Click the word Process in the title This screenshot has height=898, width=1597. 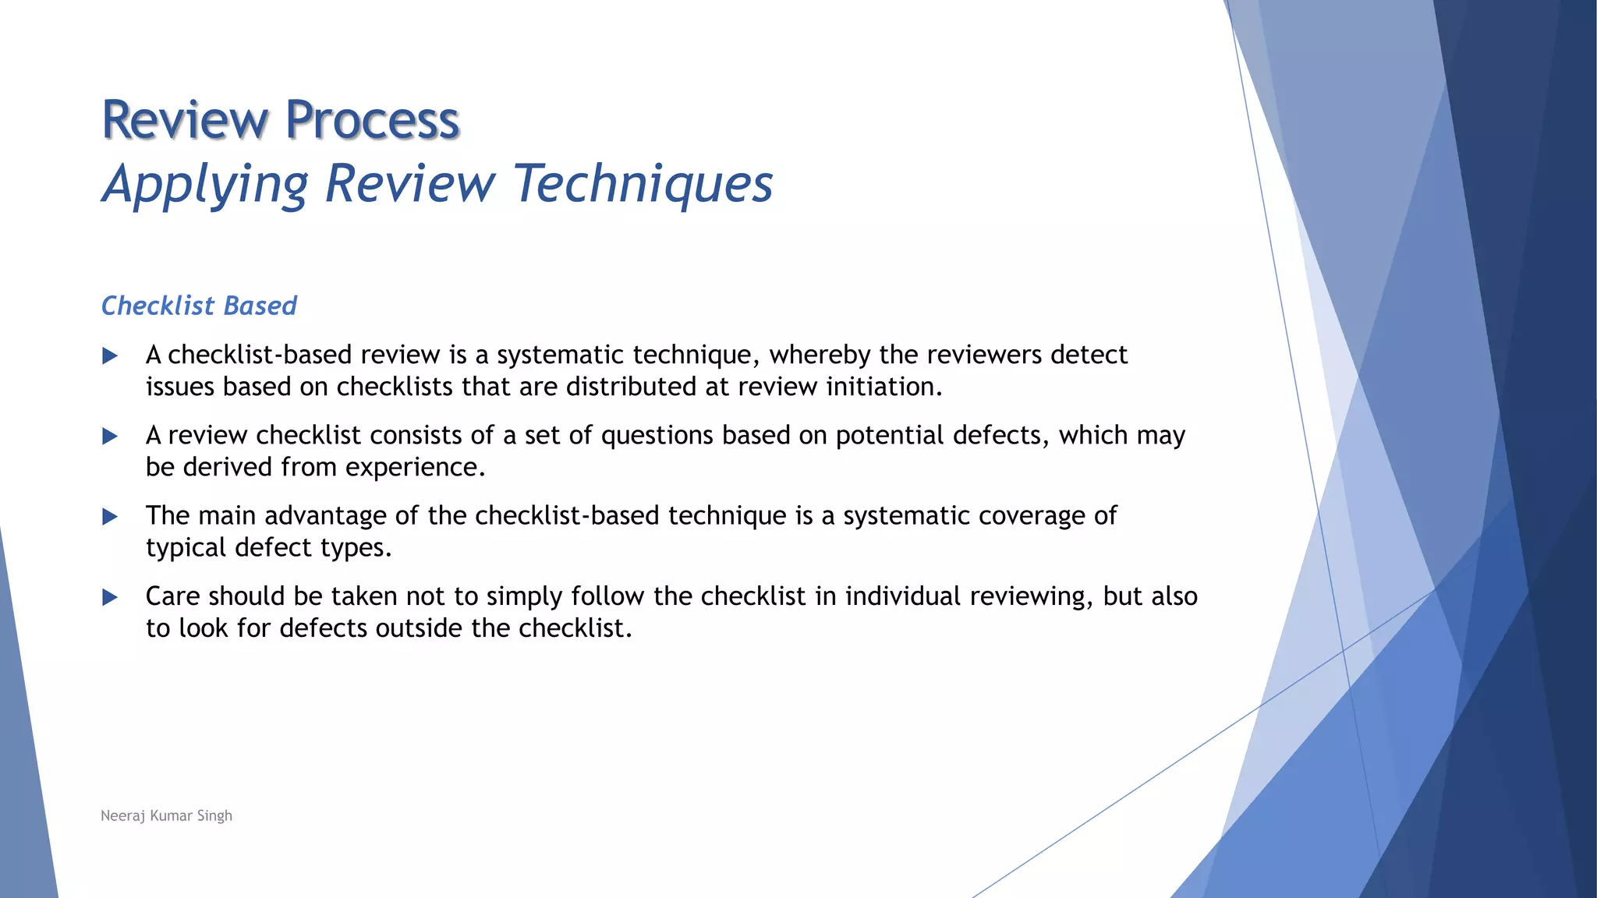tap(372, 121)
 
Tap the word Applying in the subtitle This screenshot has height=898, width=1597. tap(206, 185)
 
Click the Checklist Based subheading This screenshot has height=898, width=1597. tap(199, 306)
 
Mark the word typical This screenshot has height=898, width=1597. tap(186, 548)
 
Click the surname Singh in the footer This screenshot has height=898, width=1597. tap(214, 816)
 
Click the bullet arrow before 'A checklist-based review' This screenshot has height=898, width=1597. tap(110, 356)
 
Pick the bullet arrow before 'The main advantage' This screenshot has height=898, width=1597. tap(110, 517)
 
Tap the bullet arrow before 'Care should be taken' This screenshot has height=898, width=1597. tap(110, 598)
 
